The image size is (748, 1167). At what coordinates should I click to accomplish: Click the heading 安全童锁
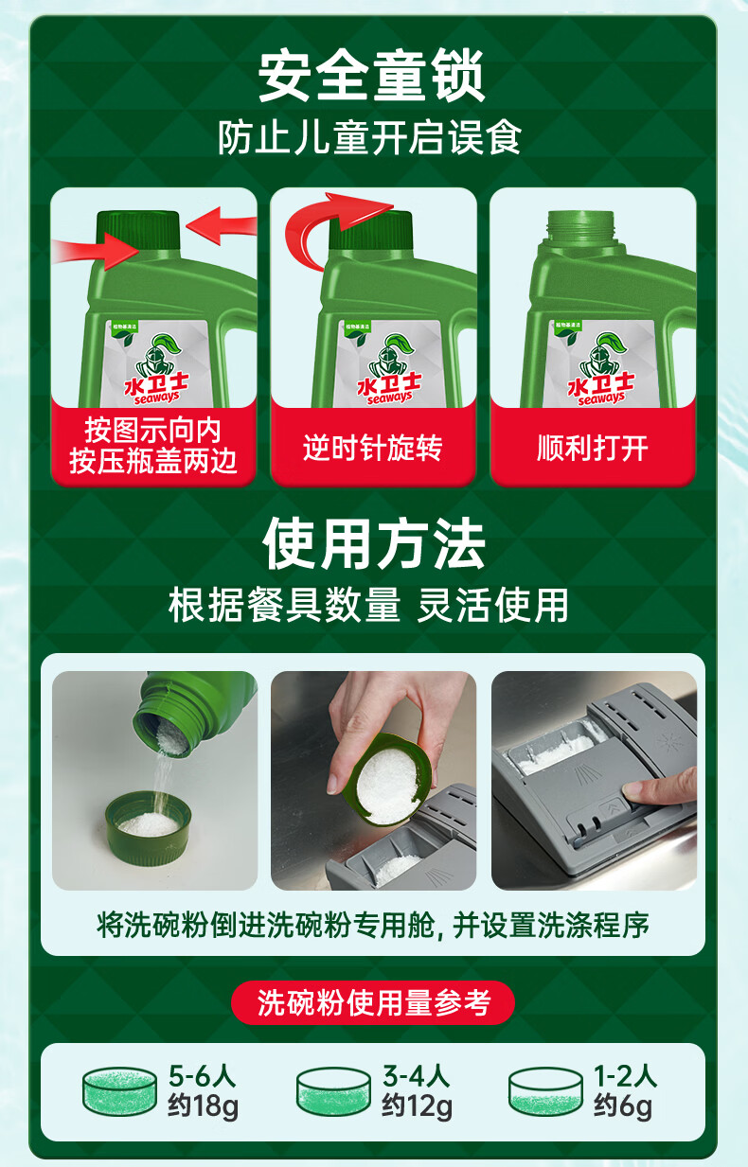tap(372, 78)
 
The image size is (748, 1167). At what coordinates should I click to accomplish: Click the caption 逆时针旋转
tap(372, 447)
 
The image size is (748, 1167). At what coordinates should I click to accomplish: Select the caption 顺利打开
tap(592, 447)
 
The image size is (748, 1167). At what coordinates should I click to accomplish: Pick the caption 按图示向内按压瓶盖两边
tap(153, 446)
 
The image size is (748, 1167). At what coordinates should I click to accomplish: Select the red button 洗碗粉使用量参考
tap(373, 1002)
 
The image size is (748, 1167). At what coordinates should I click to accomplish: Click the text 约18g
tap(203, 1105)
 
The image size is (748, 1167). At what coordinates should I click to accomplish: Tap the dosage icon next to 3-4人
tap(333, 1091)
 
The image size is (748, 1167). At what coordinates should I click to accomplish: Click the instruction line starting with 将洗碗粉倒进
tap(373, 925)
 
